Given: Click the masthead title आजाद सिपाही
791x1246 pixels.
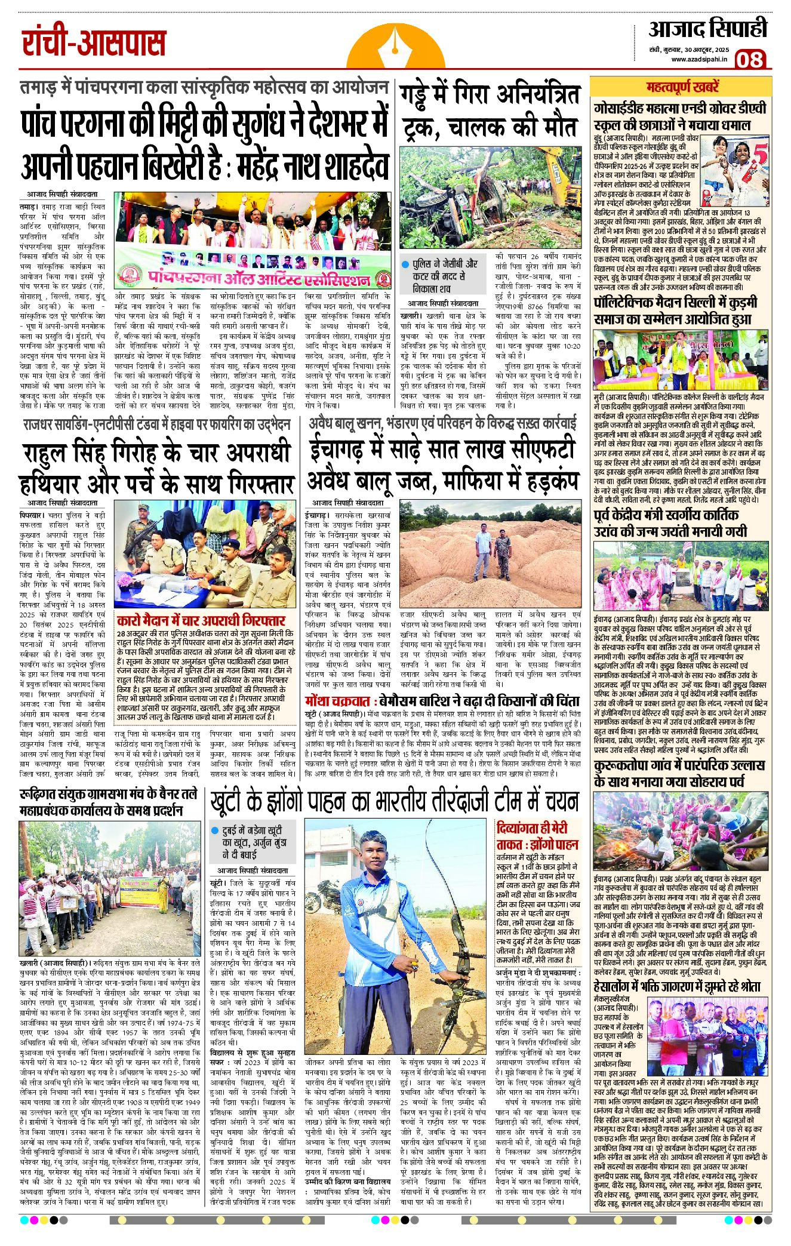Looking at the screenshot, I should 707,29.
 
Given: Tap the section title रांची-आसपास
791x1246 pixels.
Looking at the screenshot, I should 94,42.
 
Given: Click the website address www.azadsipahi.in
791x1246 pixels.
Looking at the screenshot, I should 699,59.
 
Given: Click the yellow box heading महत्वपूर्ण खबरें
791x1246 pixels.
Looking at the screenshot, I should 682,87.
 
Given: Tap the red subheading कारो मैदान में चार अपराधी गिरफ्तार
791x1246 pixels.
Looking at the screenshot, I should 201,620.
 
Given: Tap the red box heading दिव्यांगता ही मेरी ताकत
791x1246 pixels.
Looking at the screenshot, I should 537,836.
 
